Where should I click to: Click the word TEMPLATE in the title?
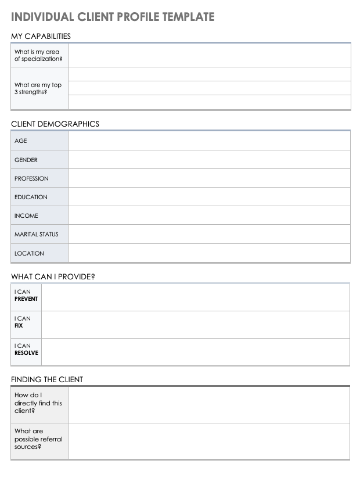(186, 17)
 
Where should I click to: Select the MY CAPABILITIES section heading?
(41, 36)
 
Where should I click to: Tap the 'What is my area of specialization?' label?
(38, 55)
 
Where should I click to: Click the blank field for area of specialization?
(209, 55)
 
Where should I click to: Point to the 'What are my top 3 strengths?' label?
(38, 88)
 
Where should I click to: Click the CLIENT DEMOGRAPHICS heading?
(55, 124)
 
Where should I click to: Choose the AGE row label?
(21, 141)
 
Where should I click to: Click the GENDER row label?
(26, 160)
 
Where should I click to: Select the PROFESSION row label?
(31, 178)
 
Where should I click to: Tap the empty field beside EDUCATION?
(209, 197)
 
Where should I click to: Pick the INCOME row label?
(26, 215)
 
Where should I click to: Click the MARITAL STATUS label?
(37, 235)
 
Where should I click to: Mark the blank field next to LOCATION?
(209, 253)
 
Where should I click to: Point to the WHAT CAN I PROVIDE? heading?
(53, 276)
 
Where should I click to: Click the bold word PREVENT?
(26, 299)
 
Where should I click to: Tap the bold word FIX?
(19, 326)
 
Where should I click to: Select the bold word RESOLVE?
(26, 353)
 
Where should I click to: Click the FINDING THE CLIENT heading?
(47, 379)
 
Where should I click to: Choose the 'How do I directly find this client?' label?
(38, 403)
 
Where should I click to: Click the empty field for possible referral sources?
(209, 441)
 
